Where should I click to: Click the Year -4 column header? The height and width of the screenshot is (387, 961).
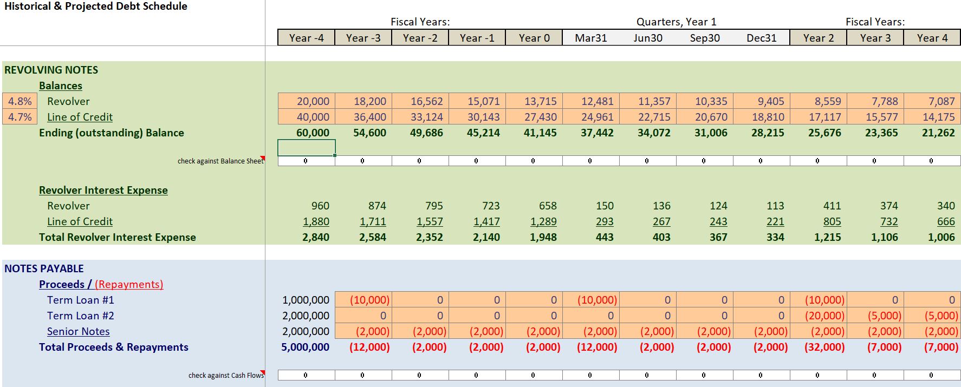click(306, 38)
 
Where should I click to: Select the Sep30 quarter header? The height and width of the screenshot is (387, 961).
click(705, 38)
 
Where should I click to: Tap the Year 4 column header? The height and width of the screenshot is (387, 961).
click(932, 38)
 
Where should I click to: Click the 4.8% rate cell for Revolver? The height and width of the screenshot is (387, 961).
click(20, 101)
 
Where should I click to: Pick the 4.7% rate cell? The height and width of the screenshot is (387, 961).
click(20, 117)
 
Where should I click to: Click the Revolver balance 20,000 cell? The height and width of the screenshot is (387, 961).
click(307, 101)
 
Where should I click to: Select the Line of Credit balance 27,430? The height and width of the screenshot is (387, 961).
click(534, 117)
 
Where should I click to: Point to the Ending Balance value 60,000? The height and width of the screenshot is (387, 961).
click(313, 133)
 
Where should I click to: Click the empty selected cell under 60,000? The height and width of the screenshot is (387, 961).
click(307, 147)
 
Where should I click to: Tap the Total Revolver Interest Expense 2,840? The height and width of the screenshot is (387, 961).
click(315, 237)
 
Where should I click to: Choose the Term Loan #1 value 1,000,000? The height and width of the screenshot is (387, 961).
click(306, 300)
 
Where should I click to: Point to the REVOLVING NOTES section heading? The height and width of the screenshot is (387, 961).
click(51, 70)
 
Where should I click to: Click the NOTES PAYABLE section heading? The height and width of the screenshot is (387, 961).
click(44, 268)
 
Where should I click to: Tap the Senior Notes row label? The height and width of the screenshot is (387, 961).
click(78, 331)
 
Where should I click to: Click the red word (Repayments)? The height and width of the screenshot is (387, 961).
click(129, 284)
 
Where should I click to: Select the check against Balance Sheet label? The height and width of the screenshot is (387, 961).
click(220, 161)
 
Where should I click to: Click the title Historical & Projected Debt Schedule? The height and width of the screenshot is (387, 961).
click(96, 6)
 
